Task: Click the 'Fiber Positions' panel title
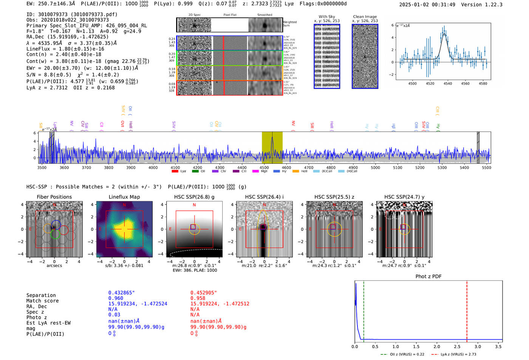coord(54,197)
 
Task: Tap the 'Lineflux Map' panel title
coord(124,197)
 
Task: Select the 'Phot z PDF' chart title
coord(428,276)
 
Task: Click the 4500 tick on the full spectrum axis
coord(264,168)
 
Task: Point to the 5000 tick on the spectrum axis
coord(375,168)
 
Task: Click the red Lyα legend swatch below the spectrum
coord(175,171)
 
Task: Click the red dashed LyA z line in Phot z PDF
coord(467,310)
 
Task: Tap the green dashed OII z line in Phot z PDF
coord(363,310)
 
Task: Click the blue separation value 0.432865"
coord(121,293)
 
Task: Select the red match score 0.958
coord(198,298)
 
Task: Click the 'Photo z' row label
coord(37,317)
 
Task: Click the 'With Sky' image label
coord(326,17)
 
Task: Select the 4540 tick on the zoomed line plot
coord(448,83)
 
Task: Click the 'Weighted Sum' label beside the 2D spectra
coord(290,23)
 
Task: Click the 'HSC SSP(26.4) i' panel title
coord(264,197)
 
